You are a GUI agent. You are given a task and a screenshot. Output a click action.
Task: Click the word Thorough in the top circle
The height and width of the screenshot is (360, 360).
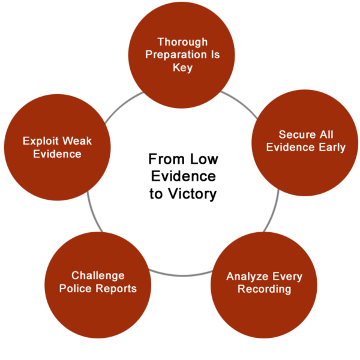pos(182,42)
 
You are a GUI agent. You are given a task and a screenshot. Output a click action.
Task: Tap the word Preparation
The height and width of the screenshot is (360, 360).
pos(176,55)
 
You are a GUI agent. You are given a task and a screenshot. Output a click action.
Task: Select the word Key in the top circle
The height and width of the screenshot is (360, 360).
pos(182,68)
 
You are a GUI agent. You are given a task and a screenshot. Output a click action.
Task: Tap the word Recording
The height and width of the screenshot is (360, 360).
pos(264,289)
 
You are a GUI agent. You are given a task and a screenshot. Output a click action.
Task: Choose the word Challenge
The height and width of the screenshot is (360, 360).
pos(98,276)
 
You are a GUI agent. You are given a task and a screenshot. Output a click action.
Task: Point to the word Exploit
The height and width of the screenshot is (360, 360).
pos(41,141)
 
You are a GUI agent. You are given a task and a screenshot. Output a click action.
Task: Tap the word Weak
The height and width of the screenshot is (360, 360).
pos(77,141)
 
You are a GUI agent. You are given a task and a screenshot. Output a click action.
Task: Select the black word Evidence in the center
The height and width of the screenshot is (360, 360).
pos(183,176)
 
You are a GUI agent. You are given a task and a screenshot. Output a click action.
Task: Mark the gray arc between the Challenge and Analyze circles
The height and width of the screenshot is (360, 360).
pos(181,275)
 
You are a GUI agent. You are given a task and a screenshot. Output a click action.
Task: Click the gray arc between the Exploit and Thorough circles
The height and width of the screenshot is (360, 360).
pos(122,106)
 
